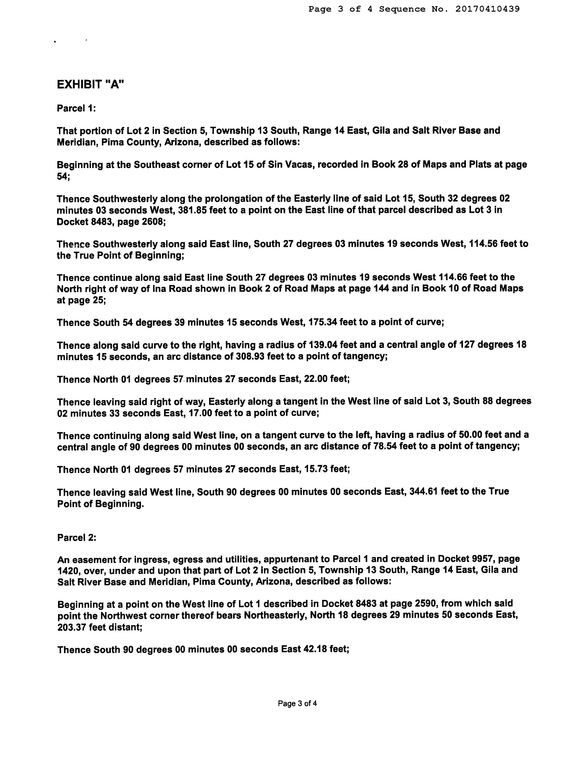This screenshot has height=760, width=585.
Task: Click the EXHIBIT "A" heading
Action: (x=90, y=84)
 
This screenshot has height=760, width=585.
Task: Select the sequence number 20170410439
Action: (x=487, y=9)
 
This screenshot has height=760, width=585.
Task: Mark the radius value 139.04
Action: (x=324, y=345)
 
